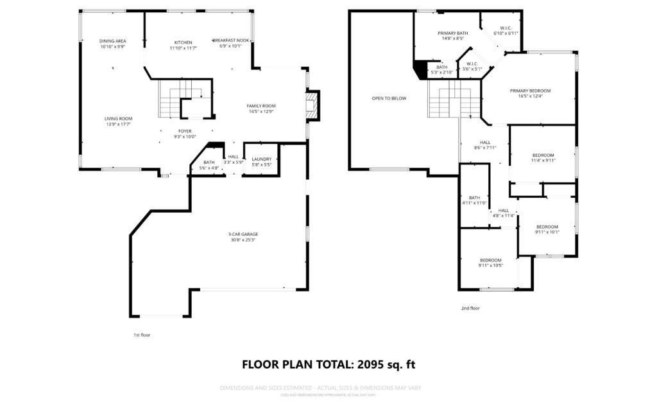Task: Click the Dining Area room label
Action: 112,41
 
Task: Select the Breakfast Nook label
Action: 230,40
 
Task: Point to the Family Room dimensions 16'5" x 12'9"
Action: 260,112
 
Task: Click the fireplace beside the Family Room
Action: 312,106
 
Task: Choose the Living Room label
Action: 118,118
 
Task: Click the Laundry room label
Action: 261,159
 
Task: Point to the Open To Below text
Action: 389,98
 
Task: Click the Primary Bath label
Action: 452,33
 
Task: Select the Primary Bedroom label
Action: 530,91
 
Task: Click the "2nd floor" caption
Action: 470,308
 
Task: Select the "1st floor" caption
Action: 142,335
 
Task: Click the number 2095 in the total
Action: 375,364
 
